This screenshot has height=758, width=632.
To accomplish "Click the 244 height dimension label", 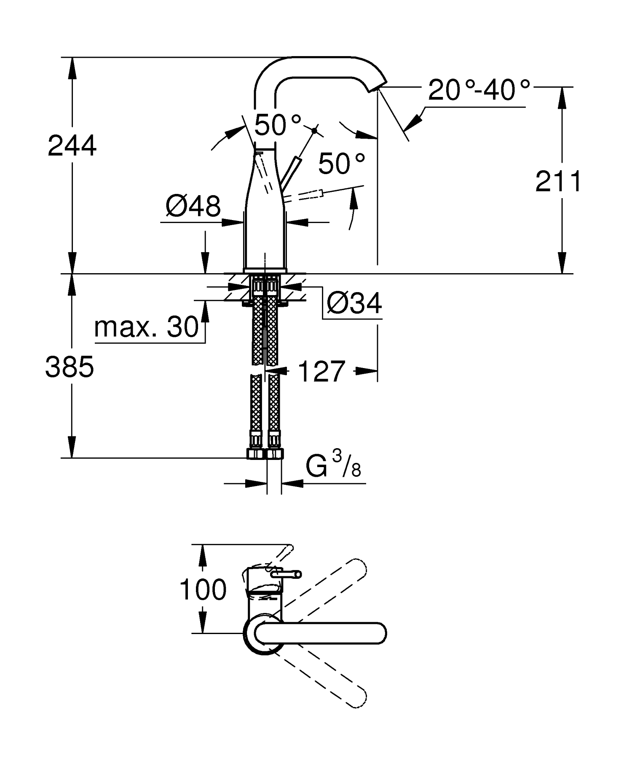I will [72, 146].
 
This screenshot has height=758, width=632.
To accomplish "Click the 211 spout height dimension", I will [558, 182].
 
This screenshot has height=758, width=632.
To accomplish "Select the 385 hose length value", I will [70, 367].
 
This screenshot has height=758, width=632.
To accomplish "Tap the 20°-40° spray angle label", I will [479, 90].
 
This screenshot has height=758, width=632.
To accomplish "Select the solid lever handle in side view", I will [291, 173].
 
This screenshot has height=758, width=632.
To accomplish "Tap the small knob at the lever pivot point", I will [314, 131].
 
